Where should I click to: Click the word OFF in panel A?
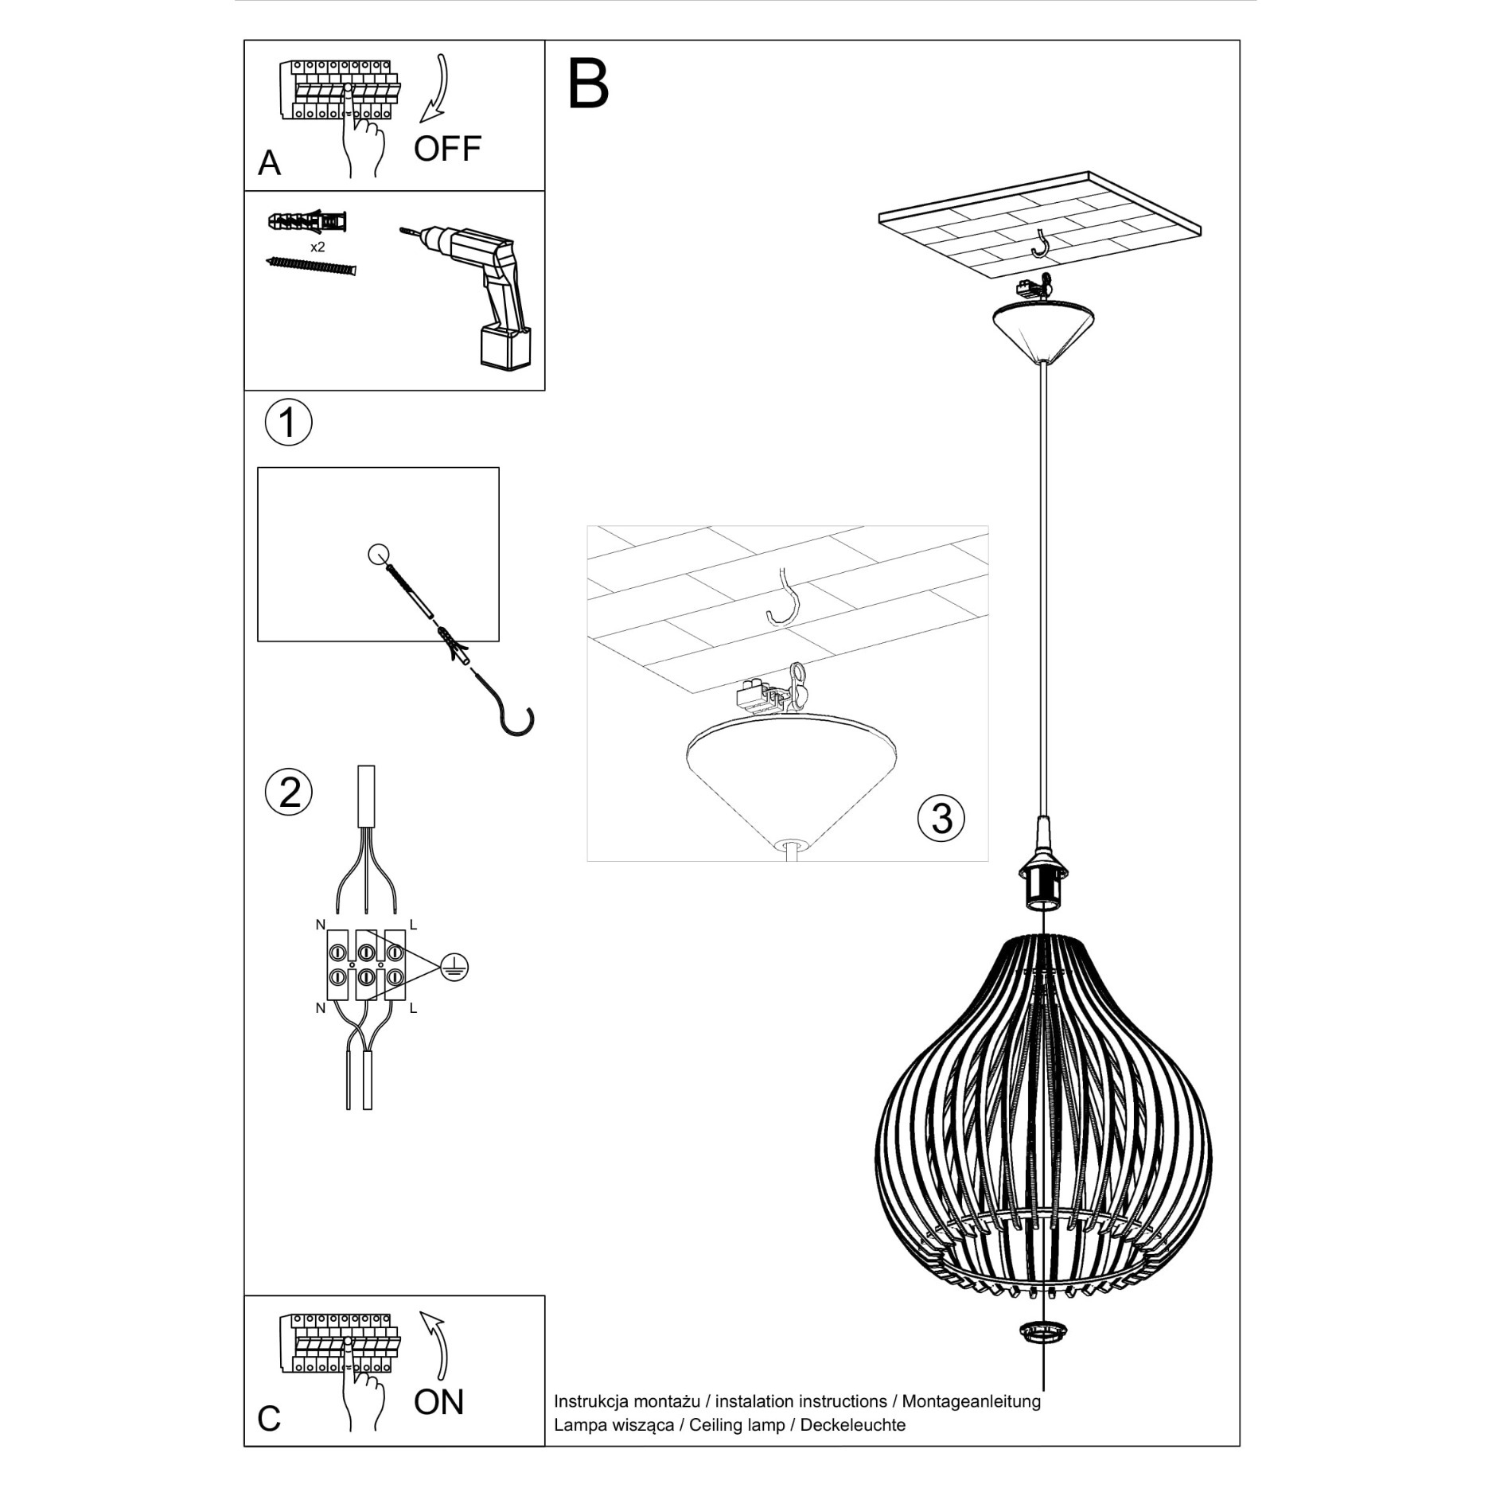(x=447, y=149)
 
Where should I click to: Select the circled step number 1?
(x=288, y=423)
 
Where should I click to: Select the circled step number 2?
(x=288, y=793)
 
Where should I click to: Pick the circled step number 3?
(x=941, y=818)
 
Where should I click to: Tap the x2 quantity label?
(x=317, y=247)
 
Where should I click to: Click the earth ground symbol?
(x=454, y=968)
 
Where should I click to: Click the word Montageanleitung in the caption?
(x=971, y=1401)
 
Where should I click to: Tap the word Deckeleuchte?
(x=852, y=1425)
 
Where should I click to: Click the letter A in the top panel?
(x=270, y=163)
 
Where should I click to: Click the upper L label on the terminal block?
(x=413, y=925)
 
